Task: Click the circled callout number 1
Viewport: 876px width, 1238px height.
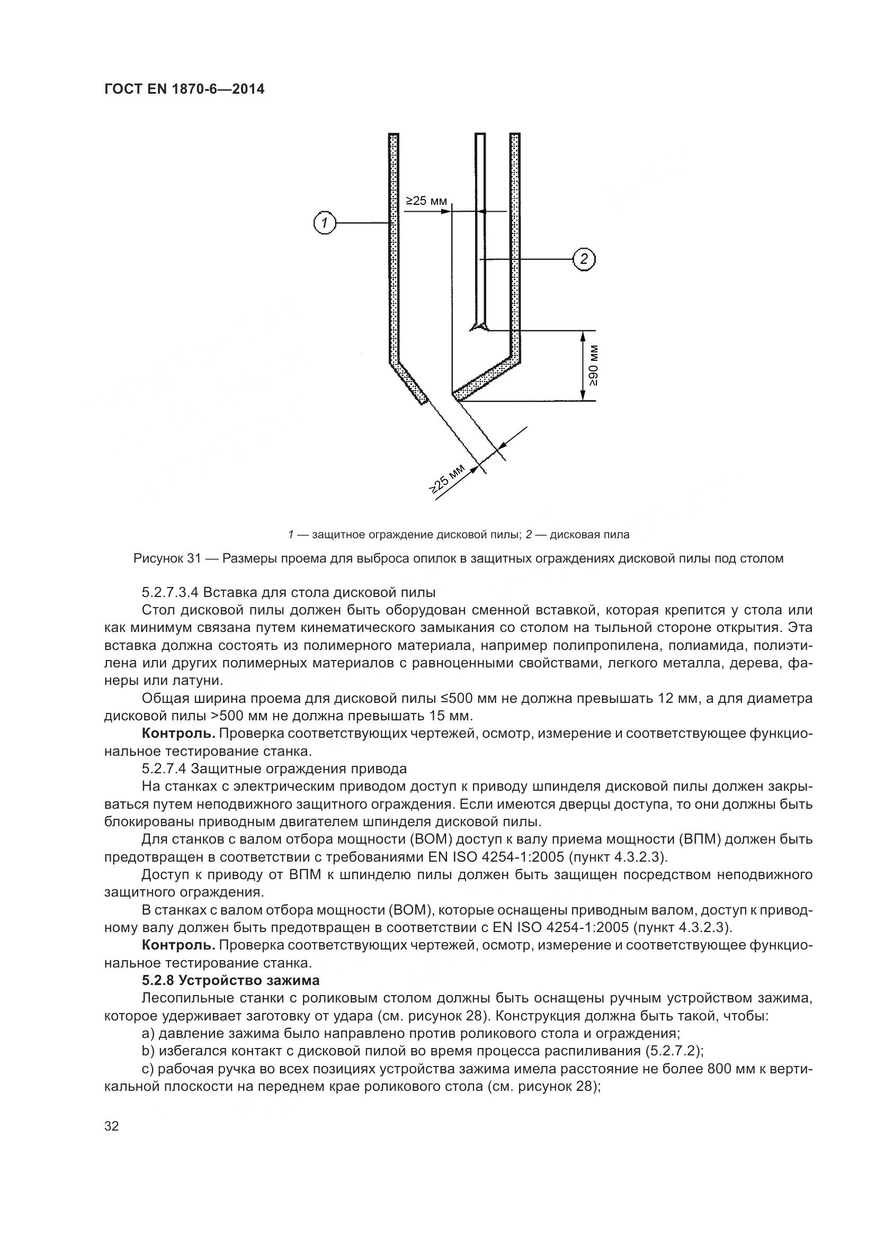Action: coord(325,222)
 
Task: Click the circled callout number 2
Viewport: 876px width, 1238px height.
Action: coord(584,259)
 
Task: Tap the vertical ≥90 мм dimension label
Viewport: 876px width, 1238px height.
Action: coord(593,365)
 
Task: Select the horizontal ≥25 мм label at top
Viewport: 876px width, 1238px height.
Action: coord(426,202)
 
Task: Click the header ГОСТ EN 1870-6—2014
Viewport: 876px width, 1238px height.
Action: coord(184,89)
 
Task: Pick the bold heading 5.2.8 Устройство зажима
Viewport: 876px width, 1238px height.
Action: coord(231,980)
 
